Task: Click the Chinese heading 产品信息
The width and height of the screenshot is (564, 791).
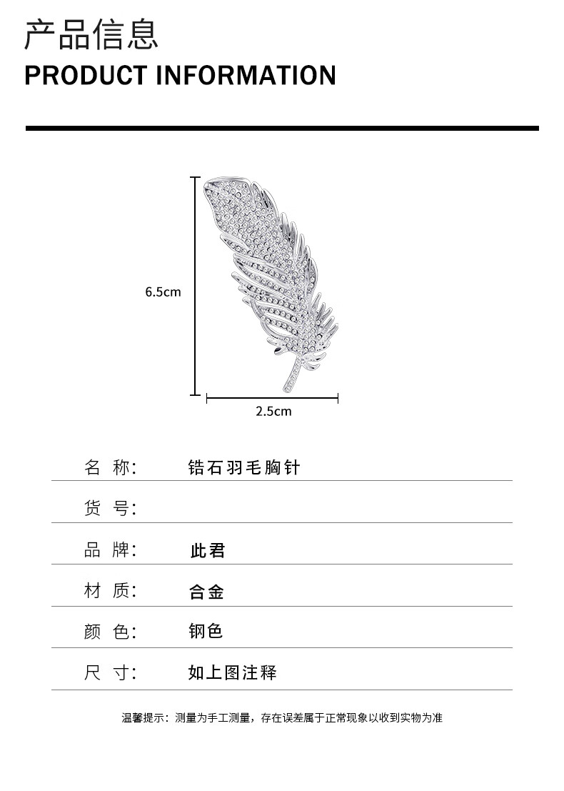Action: [x=91, y=35]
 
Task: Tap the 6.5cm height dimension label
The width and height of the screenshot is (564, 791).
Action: [x=163, y=292]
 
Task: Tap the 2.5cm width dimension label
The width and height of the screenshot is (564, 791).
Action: [x=273, y=411]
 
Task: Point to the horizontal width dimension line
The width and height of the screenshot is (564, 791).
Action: [x=272, y=398]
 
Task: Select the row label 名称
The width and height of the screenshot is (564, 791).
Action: [x=110, y=468]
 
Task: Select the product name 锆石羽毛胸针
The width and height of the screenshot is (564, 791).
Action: [x=243, y=468]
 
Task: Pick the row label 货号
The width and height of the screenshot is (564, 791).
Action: [x=110, y=509]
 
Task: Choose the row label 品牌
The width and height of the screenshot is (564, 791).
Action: [x=110, y=550]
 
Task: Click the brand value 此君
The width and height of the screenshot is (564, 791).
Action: [x=207, y=551]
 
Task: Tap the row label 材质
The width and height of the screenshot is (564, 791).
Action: [x=110, y=591]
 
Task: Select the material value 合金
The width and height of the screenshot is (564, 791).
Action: [x=206, y=592]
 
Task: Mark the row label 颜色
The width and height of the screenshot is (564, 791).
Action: [x=110, y=632]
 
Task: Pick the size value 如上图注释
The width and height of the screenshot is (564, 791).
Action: [x=232, y=672]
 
